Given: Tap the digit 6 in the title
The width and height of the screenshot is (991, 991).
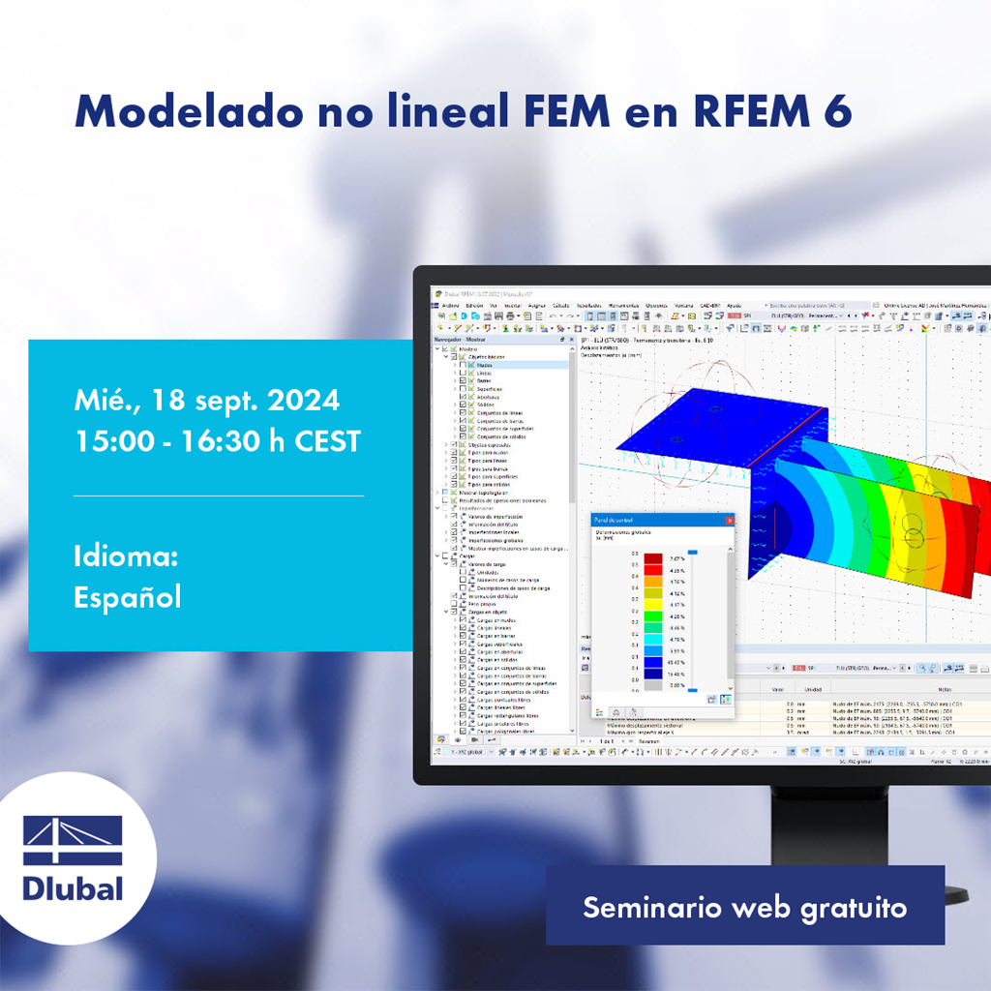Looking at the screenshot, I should tap(838, 112).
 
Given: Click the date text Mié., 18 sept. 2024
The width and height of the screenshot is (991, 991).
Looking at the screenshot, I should tap(206, 400).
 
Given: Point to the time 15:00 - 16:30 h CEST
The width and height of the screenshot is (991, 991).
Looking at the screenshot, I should tap(217, 441).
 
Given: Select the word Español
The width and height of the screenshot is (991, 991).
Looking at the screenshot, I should tap(127, 597).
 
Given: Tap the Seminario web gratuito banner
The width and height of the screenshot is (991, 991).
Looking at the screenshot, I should tap(744, 908).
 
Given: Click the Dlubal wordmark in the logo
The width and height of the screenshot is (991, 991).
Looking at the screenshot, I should tap(73, 887).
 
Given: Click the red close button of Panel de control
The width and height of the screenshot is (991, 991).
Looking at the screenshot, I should tap(729, 520).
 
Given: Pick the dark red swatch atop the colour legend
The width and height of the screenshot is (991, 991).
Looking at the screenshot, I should tap(654, 558).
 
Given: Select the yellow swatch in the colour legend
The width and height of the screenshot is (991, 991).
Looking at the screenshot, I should tap(654, 593).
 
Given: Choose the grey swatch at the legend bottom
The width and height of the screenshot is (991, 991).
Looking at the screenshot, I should tap(654, 685).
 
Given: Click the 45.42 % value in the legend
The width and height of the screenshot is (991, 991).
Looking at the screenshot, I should tap(676, 662).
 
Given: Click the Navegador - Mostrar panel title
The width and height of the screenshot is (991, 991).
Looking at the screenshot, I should tap(462, 340).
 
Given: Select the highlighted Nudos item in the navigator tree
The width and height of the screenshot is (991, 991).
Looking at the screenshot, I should tap(484, 365).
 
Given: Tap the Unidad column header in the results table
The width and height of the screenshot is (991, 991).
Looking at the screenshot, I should tap(814, 688).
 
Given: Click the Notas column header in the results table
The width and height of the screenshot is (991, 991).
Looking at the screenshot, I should tap(911, 688).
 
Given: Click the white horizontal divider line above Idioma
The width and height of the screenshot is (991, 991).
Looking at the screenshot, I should tap(219, 495).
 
